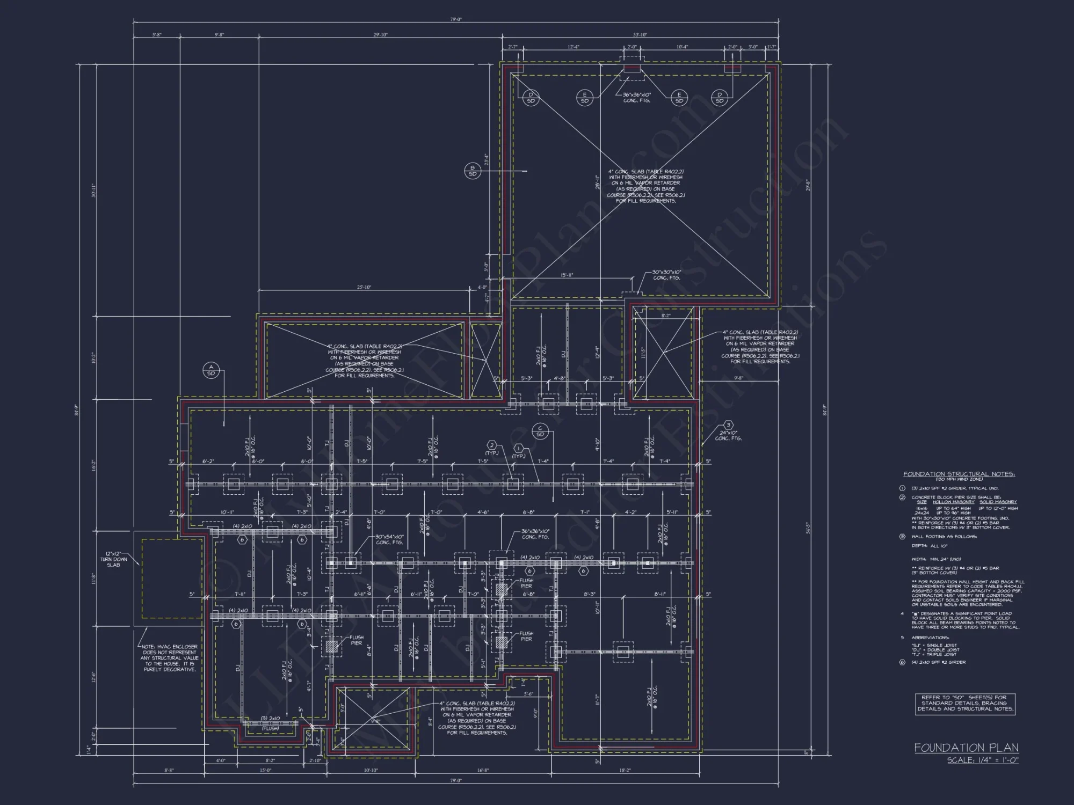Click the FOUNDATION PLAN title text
(966, 748)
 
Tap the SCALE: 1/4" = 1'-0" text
(983, 760)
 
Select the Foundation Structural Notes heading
(959, 474)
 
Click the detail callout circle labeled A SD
(211, 370)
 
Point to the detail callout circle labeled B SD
(473, 171)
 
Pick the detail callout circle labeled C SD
(540, 431)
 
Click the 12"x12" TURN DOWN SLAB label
(113, 559)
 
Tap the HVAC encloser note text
(170, 658)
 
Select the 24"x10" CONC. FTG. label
(728, 435)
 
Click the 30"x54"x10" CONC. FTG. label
(389, 539)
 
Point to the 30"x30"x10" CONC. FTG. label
(666, 275)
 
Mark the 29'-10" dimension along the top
(380, 35)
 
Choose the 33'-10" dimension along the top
(640, 35)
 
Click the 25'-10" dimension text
(364, 288)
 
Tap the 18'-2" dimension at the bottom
(625, 771)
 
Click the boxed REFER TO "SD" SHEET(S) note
(965, 703)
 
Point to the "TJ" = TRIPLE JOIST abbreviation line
(934, 654)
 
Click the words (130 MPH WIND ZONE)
(959, 479)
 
